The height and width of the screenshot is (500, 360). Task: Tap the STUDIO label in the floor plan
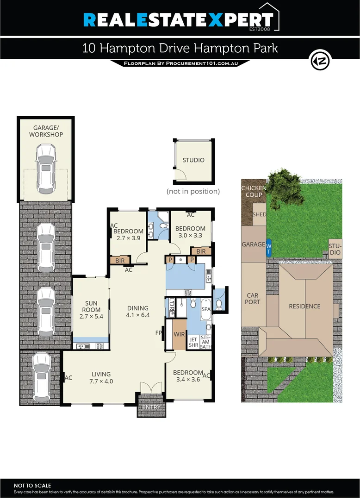click(193, 160)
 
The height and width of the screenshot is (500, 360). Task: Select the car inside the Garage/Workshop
click(46, 169)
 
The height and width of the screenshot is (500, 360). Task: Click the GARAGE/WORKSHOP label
click(46, 131)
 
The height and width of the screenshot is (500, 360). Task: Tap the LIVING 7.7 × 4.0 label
click(101, 378)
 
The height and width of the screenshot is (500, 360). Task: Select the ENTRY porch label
click(151, 407)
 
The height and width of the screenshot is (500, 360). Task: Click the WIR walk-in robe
click(179, 334)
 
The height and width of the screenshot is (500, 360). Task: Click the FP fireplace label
click(158, 332)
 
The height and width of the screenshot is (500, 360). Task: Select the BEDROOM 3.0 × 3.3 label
click(190, 232)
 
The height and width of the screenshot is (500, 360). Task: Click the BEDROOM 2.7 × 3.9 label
click(128, 235)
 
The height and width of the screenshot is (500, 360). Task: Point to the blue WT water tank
click(268, 249)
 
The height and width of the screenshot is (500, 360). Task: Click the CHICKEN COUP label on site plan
click(254, 191)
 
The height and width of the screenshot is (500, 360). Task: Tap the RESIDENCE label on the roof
click(304, 306)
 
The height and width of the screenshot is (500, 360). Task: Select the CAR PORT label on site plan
click(253, 299)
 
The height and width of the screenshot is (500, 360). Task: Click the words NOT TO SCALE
click(33, 485)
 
